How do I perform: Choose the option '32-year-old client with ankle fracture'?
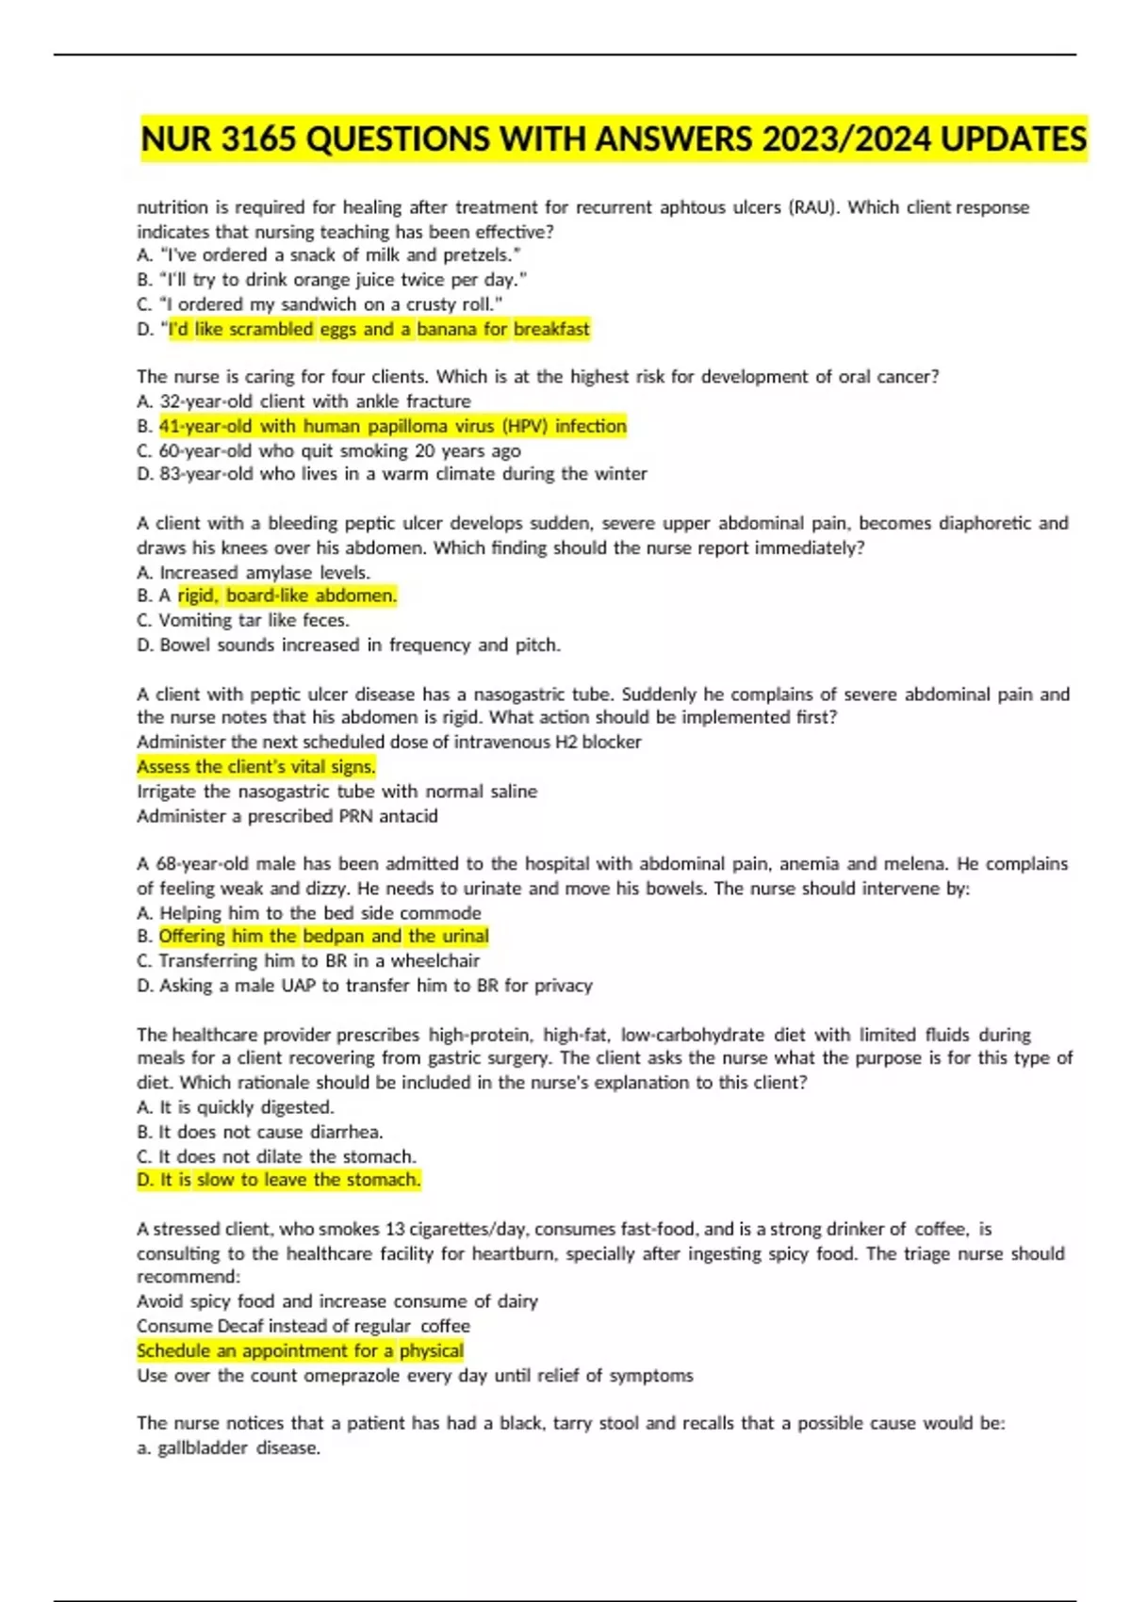(x=314, y=401)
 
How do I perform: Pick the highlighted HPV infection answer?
(x=392, y=426)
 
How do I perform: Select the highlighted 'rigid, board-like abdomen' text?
(x=287, y=596)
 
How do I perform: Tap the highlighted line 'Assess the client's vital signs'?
(x=256, y=766)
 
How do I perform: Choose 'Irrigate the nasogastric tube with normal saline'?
(x=336, y=792)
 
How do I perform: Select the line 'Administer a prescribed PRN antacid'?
(x=287, y=816)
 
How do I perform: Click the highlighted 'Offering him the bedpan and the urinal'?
(x=323, y=936)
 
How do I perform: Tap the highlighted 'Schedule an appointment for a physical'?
(x=300, y=1350)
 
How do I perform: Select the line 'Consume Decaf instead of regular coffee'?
(x=303, y=1326)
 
